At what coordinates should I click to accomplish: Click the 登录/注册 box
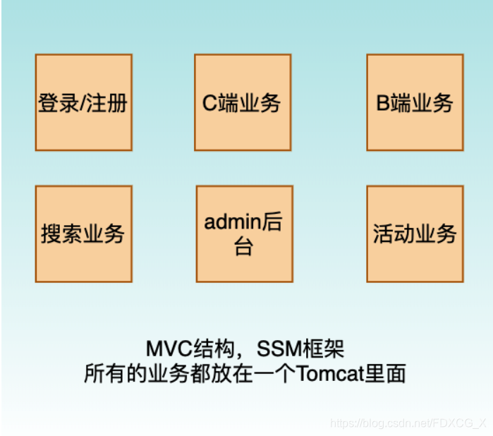pyautogui.click(x=83, y=102)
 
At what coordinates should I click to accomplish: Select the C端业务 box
pyautogui.click(x=243, y=102)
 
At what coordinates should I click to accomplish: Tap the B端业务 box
pyautogui.click(x=415, y=102)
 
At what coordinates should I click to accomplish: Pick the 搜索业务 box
pyautogui.click(x=83, y=234)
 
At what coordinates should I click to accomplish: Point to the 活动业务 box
pyautogui.click(x=415, y=234)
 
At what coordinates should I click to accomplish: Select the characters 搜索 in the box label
pyautogui.click(x=61, y=234)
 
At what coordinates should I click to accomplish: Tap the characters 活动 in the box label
pyautogui.click(x=394, y=234)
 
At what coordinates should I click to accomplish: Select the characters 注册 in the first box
pyautogui.click(x=107, y=103)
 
